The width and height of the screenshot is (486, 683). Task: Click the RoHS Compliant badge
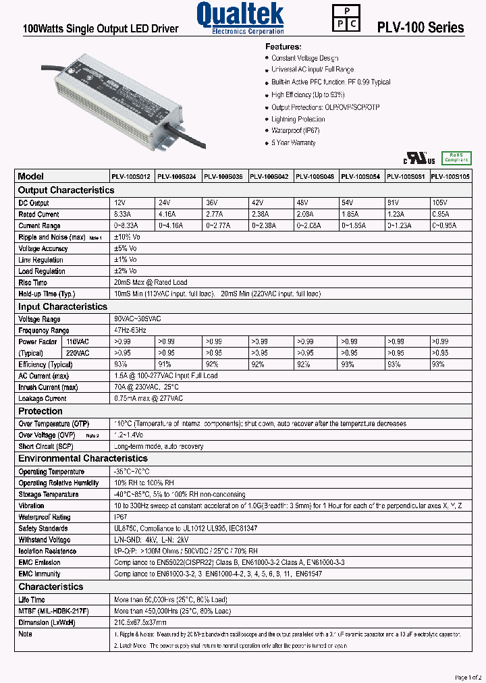coord(456,158)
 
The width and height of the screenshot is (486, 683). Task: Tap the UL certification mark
coord(419,159)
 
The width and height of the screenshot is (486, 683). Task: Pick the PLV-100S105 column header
coord(450,176)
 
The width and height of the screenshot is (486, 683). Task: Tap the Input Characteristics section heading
coord(63,306)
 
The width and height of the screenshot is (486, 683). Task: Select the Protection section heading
coord(40,411)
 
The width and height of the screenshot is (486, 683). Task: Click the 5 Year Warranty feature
coord(293,143)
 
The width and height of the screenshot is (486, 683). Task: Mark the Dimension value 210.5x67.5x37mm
coord(140,622)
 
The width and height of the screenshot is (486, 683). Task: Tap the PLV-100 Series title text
coord(420,28)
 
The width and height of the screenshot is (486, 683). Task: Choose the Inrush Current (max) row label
coord(48,387)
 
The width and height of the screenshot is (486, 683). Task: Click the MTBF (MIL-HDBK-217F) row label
coord(53,611)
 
